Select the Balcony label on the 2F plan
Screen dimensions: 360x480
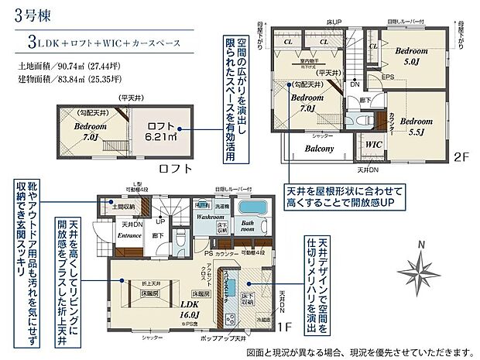(319, 148)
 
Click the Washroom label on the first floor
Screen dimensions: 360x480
(210, 218)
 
